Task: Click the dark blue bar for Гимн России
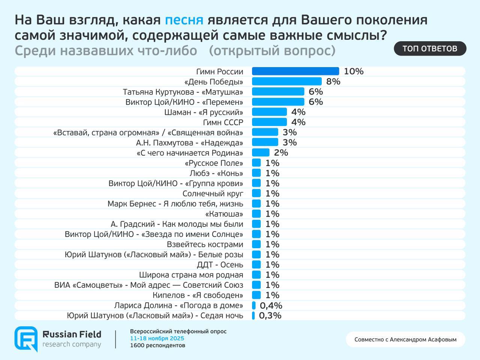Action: (x=295, y=71)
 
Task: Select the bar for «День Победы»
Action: (x=286, y=81)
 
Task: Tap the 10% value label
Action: (x=354, y=71)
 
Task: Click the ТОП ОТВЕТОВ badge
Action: (x=430, y=49)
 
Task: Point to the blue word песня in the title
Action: (x=184, y=20)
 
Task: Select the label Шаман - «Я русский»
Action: (x=204, y=112)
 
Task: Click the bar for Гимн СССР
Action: (x=269, y=122)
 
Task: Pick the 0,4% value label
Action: (x=271, y=306)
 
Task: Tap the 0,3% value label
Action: (x=270, y=316)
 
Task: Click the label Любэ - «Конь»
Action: (x=216, y=173)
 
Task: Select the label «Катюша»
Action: (x=224, y=214)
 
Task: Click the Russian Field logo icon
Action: (x=26, y=339)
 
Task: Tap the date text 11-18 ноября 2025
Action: (x=157, y=339)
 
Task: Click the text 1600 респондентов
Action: (x=157, y=345)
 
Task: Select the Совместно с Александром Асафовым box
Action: (x=405, y=339)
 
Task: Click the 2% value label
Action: (x=281, y=153)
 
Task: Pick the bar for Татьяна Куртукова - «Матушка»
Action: (x=278, y=91)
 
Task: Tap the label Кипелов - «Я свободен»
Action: (x=198, y=295)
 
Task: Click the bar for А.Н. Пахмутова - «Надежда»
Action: (x=265, y=142)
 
